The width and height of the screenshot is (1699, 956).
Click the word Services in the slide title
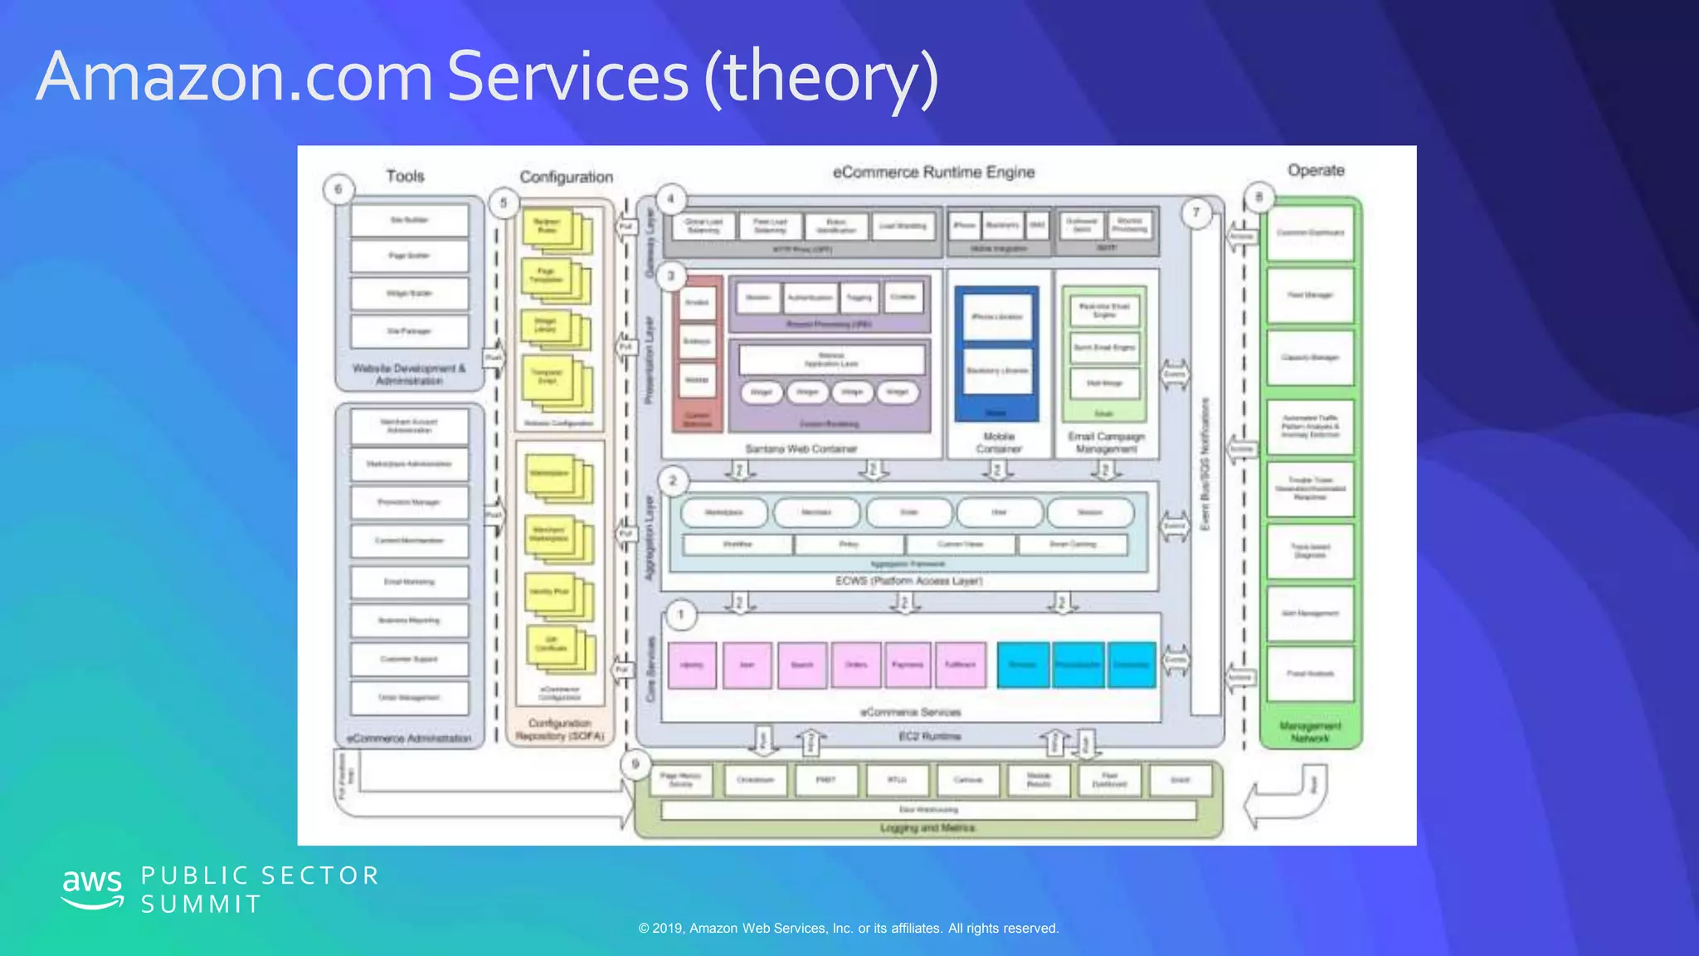pos(567,77)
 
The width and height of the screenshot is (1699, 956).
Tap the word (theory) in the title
pos(820,77)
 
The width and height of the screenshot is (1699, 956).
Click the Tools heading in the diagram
pos(405,176)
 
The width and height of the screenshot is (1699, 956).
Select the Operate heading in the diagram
pos(1316,170)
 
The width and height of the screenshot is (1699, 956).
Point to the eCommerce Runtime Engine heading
pos(933,172)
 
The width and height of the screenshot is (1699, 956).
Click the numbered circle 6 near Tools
pos(338,189)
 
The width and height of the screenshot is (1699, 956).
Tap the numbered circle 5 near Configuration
pos(504,202)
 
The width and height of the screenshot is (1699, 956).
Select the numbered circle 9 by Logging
pos(635,764)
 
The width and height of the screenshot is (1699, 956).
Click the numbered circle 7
pos(1196,212)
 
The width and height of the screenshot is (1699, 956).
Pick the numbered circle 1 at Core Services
pos(681,615)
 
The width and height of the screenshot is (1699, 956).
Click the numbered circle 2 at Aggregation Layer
pos(673,480)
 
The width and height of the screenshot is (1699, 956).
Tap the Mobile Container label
pos(999,442)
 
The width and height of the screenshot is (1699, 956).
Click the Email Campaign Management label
pos(1106,442)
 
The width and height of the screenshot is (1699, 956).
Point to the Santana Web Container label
pos(801,449)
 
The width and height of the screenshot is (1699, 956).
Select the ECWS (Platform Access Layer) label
pos(908,581)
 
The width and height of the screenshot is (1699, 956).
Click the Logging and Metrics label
pos(927,827)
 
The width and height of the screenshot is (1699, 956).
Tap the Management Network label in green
pos(1310,731)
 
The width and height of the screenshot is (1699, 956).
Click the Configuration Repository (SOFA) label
pos(560,729)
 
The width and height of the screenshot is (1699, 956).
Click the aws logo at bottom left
pos(92,889)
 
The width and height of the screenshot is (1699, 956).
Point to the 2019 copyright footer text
pos(848,928)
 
